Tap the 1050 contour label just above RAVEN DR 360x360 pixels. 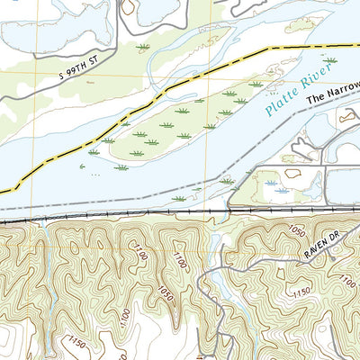(x=298, y=231)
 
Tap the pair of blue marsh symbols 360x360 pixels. (x=279, y=190)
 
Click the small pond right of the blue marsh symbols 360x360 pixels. (x=307, y=190)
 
